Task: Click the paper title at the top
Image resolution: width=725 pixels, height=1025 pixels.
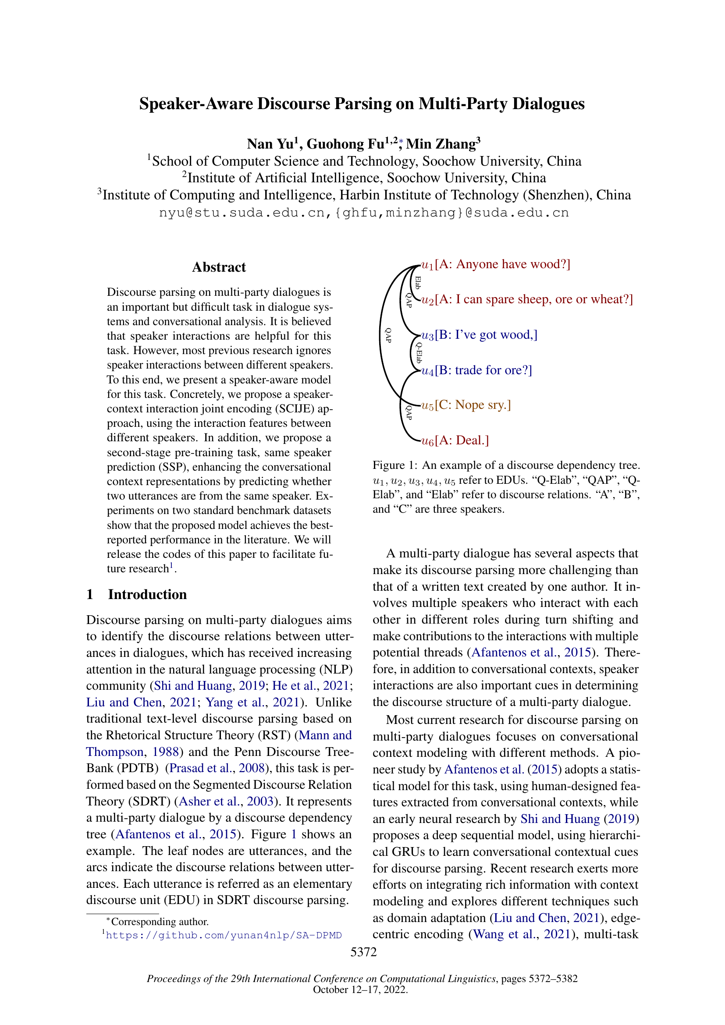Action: tap(362, 103)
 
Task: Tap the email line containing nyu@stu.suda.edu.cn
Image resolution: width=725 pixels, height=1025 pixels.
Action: tap(364, 213)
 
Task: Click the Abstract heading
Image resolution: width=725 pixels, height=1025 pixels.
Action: tap(219, 267)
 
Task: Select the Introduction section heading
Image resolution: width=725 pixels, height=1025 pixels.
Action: tap(147, 594)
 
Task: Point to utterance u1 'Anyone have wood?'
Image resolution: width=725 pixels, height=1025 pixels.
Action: tap(496, 264)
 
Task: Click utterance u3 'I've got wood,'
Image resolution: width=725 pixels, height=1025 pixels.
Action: tap(480, 335)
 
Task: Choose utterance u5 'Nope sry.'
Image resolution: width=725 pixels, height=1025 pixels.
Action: tap(466, 405)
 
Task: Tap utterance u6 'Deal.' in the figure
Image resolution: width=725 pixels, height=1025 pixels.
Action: tap(455, 440)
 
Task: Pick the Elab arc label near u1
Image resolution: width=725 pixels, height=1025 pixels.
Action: tap(418, 283)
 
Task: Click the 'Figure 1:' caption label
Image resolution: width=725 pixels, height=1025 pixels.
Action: tap(395, 465)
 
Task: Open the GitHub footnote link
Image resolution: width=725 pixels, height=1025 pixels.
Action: tap(223, 935)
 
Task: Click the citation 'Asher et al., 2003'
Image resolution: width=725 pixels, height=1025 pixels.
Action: tap(226, 801)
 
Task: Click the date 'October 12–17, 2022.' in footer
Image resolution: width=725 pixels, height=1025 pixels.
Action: tap(360, 990)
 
